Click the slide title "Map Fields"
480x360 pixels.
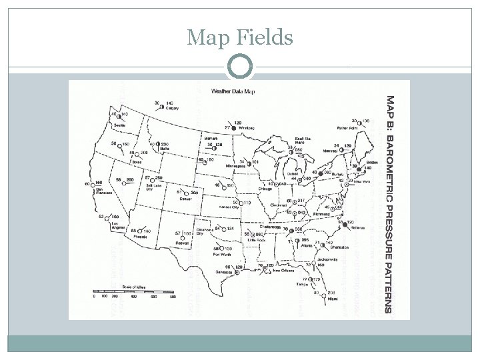coord(240,38)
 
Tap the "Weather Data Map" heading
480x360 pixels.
coord(233,91)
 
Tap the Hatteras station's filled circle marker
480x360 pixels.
coord(345,226)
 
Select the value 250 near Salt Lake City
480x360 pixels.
coord(158,177)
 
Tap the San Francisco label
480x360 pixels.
coord(101,191)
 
